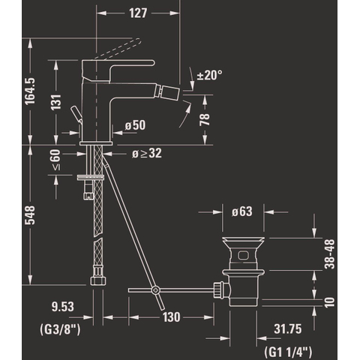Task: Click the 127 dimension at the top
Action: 138,13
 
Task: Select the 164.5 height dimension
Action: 30,91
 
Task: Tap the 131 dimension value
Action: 56,102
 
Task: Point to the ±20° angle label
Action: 209,75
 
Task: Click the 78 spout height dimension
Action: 205,119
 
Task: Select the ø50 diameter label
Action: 135,125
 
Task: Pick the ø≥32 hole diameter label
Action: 147,153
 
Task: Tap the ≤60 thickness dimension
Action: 56,160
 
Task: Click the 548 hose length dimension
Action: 30,215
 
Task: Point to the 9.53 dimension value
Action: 63,307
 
